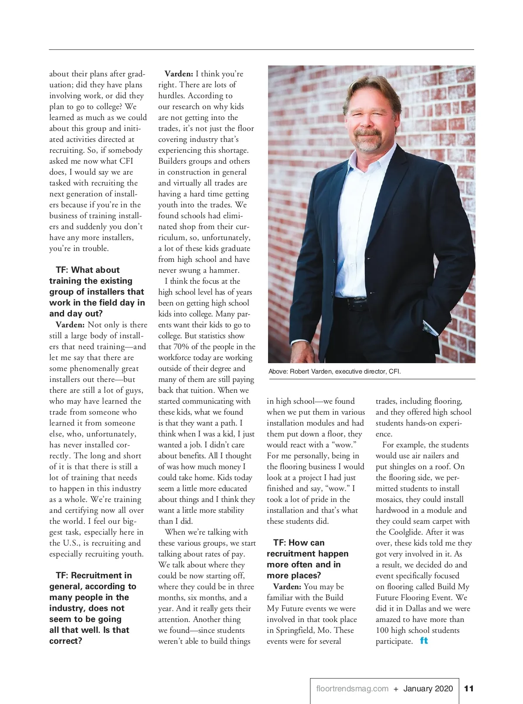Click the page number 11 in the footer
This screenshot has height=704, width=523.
coord(469,689)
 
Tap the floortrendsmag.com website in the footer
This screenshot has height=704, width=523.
coord(352,689)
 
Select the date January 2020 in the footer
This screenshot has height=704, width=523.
coord(428,689)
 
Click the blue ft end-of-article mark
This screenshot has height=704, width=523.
coord(424,641)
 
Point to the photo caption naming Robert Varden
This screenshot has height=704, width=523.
coord(334,371)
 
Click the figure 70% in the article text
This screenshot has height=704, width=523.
coord(181,347)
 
